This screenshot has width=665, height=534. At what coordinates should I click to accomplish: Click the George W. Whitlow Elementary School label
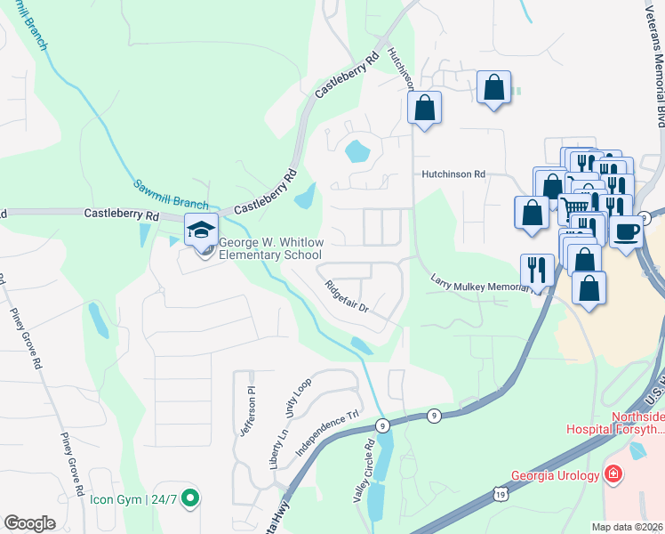tap(265, 248)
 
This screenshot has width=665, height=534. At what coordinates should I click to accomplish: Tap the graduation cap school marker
tap(201, 231)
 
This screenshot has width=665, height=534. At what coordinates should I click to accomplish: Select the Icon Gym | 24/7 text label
tap(133, 500)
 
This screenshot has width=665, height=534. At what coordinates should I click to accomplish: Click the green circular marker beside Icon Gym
tap(189, 500)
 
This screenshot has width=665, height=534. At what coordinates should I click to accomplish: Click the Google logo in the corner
tap(29, 523)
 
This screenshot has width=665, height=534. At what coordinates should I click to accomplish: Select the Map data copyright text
tap(628, 527)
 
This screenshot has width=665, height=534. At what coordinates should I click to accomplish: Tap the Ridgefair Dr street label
tap(346, 297)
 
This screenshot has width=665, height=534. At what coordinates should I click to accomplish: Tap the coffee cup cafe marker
tap(626, 231)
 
